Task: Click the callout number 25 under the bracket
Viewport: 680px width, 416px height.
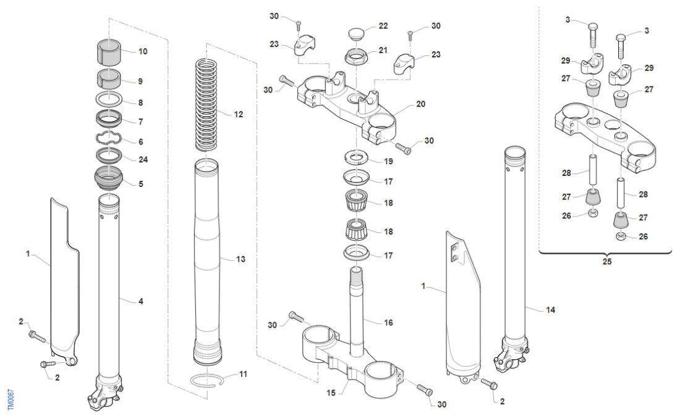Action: tap(606, 262)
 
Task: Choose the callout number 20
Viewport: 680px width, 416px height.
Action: tap(420, 104)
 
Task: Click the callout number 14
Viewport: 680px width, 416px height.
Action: tap(550, 310)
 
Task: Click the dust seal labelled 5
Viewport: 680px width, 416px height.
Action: tap(109, 179)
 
